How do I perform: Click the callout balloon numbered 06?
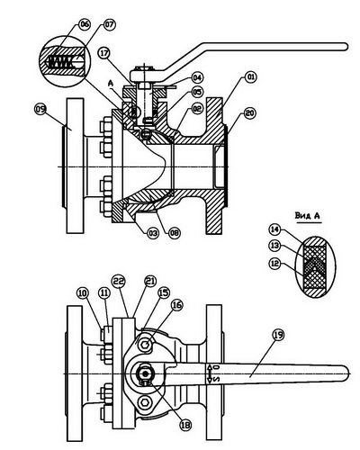click(85, 24)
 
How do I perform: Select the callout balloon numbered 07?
click(109, 24)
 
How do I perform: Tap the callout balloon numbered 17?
click(104, 53)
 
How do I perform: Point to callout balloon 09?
click(40, 109)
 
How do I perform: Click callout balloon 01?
click(251, 77)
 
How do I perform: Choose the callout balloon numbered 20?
click(251, 113)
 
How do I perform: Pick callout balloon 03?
click(152, 233)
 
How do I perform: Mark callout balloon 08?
click(175, 233)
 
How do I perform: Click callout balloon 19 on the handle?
click(279, 335)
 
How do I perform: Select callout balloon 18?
click(185, 425)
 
